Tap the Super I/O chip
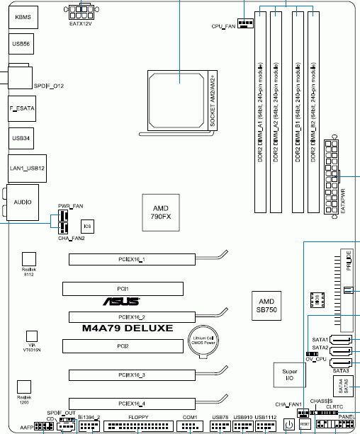pos(290,375)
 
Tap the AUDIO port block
pos(22,202)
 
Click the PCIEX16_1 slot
pos(133,260)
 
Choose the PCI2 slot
pos(123,346)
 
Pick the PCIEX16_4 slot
pos(133,403)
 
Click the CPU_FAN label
pos(224,25)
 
